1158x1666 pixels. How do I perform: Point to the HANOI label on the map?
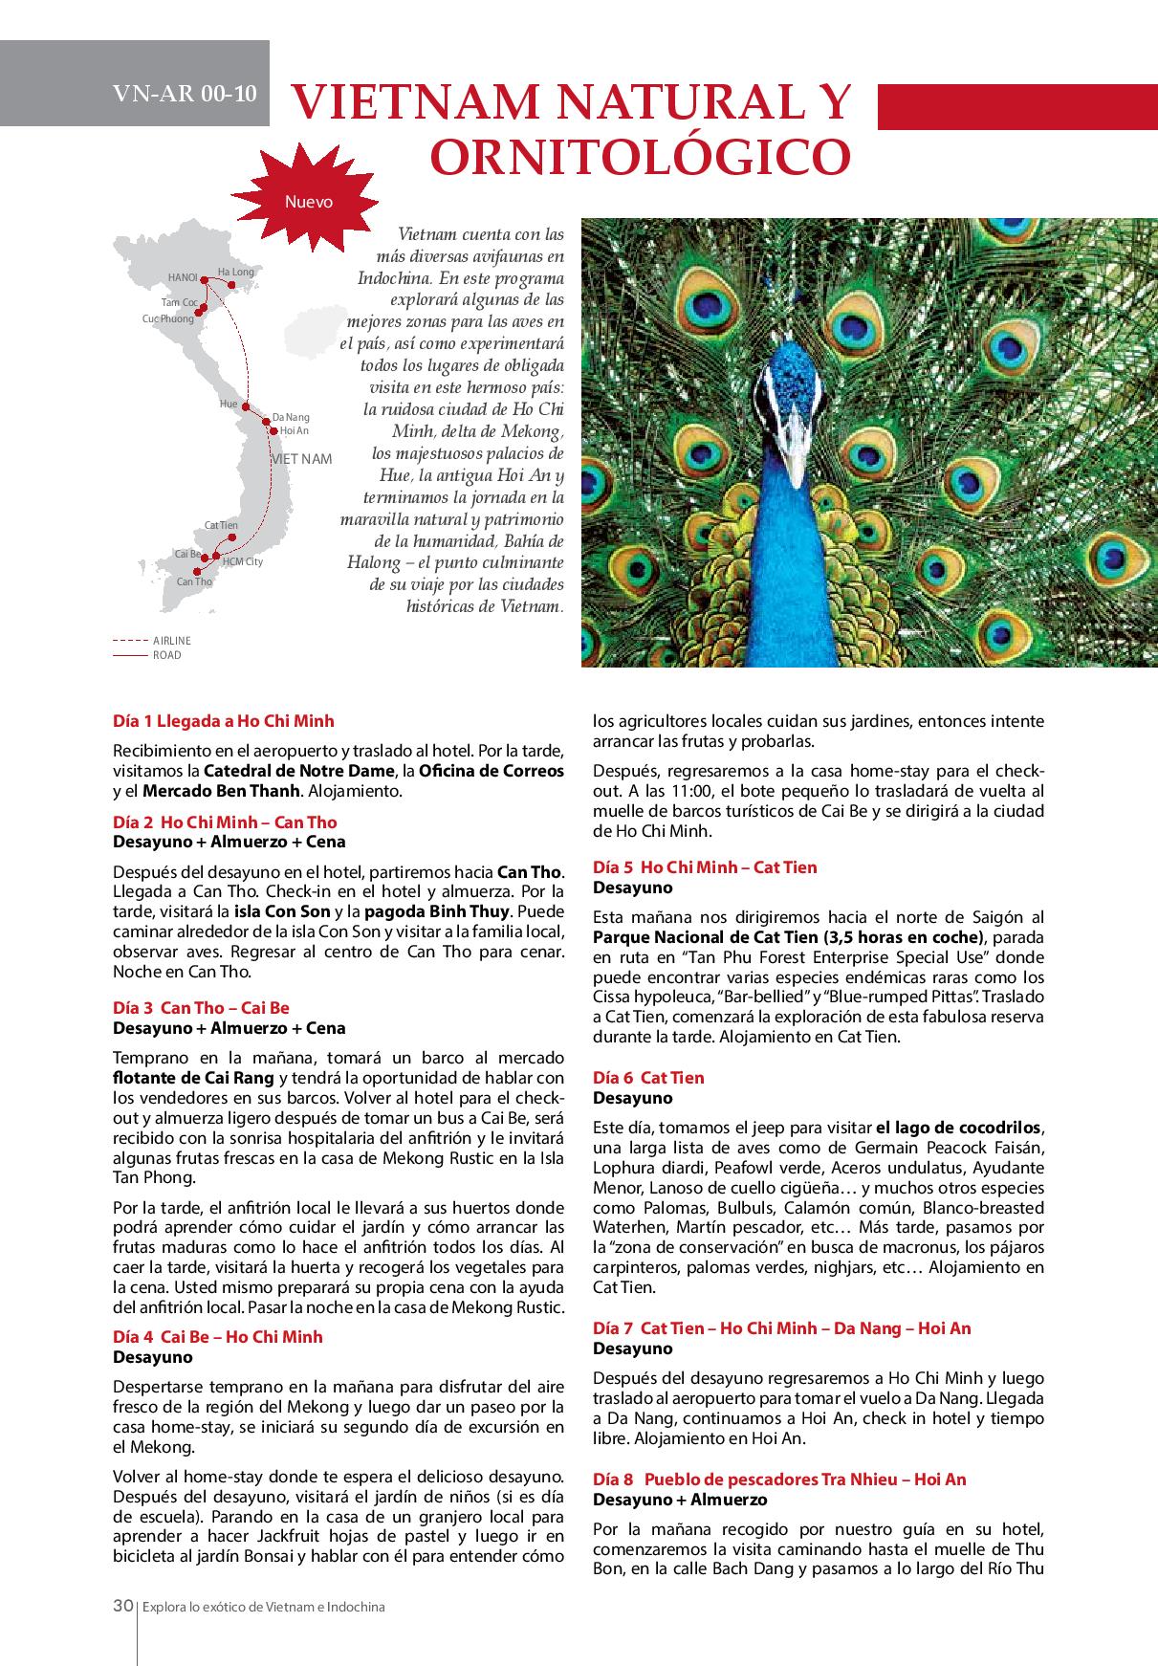click(182, 277)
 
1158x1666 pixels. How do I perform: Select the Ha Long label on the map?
click(236, 273)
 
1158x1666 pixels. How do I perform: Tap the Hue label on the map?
click(229, 405)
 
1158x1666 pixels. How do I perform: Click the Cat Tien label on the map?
click(221, 526)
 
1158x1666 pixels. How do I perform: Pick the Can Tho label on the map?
click(195, 581)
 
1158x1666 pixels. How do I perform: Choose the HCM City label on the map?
click(243, 562)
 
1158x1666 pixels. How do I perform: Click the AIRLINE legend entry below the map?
click(172, 641)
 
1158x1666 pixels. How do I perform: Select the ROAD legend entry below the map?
click(166, 655)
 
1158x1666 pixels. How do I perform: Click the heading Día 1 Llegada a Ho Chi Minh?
click(224, 721)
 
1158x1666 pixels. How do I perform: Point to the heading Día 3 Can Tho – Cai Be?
click(201, 1008)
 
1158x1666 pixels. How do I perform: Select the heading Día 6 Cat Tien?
click(648, 1078)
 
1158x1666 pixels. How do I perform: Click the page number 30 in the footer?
click(122, 1607)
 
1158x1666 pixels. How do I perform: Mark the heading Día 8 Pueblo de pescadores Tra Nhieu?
click(779, 1480)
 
